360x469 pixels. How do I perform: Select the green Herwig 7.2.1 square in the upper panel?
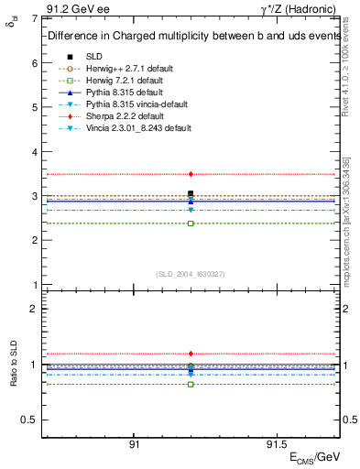(x=191, y=224)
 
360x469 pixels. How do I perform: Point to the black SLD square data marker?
(x=191, y=193)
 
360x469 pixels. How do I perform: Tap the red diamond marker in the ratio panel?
(x=191, y=354)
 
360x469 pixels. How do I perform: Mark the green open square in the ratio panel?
(x=191, y=384)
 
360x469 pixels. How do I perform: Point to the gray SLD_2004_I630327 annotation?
(x=191, y=274)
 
